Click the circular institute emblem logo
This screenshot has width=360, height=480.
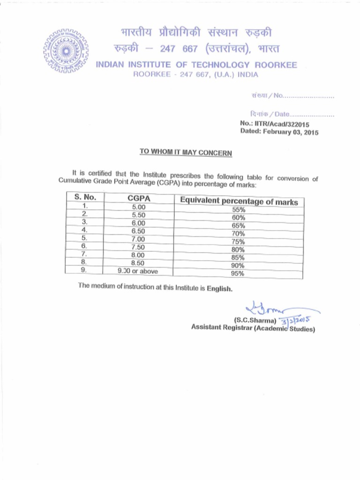click(x=66, y=51)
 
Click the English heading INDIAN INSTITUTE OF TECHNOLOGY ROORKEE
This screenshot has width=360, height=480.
click(x=196, y=65)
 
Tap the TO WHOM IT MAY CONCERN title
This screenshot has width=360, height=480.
click(x=186, y=153)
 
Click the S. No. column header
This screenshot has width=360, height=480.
click(x=85, y=197)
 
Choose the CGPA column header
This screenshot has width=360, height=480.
click(x=139, y=199)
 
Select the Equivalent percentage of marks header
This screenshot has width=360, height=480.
click(x=239, y=202)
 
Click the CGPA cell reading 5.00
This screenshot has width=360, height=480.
click(x=139, y=207)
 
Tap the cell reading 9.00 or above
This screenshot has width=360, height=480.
click(x=138, y=271)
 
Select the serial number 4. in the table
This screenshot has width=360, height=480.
click(x=84, y=230)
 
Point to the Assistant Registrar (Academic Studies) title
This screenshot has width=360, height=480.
click(x=253, y=328)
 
